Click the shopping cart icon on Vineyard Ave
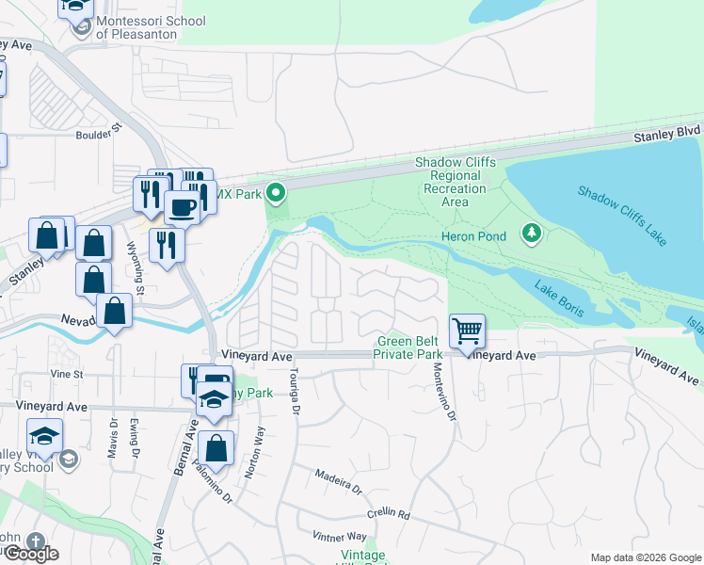467,331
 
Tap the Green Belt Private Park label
409,347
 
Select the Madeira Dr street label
339,482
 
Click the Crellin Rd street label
390,514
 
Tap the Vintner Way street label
342,537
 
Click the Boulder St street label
100,131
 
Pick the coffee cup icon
182,206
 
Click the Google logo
30,554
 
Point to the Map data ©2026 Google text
646,557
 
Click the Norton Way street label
252,453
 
